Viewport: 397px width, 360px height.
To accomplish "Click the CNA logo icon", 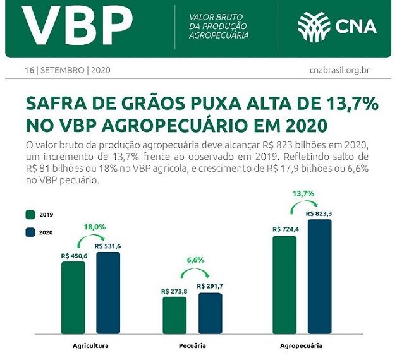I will [x=315, y=26].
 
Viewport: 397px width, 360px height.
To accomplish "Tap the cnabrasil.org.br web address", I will [x=339, y=70].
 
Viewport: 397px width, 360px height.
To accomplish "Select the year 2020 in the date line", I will [x=101, y=70].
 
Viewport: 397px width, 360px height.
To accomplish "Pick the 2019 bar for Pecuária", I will [x=174, y=315].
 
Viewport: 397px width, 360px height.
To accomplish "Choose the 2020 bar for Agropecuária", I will [x=319, y=276].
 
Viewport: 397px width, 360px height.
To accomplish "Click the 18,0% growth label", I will [x=95, y=227].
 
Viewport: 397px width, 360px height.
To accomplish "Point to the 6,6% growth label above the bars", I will [x=195, y=260].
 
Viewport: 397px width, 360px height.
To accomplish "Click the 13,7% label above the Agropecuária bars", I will [x=303, y=194].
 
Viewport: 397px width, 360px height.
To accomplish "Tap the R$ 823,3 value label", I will [x=319, y=214].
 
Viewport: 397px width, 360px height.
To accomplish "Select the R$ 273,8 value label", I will [x=174, y=291].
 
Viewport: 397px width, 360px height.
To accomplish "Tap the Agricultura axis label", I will [x=90, y=346].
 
